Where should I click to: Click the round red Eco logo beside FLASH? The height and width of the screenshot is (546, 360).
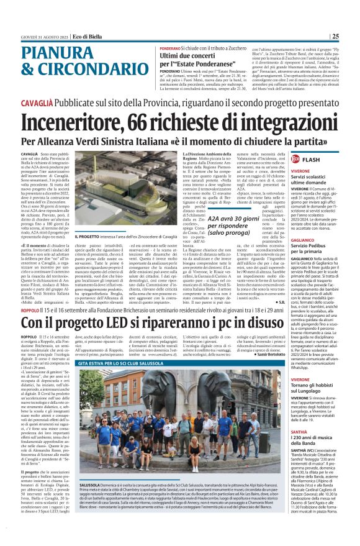point(295,160)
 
